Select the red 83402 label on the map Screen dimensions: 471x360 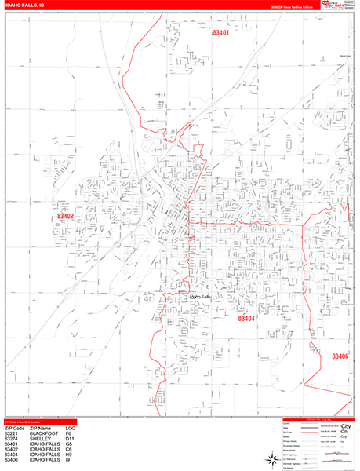[x=65, y=215]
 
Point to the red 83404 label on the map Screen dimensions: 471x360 [x=248, y=319]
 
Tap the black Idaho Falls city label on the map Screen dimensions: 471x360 [x=200, y=297]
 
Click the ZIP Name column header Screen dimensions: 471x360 [x=42, y=427]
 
